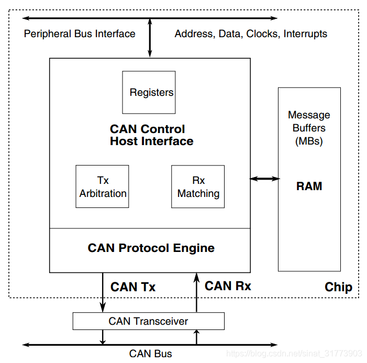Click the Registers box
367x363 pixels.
(149, 92)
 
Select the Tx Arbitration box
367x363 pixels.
(102, 186)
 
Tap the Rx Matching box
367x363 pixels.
(198, 186)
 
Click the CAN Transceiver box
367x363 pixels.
(149, 321)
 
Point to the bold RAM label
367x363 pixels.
(309, 186)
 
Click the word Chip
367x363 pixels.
(338, 287)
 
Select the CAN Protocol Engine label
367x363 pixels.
(151, 248)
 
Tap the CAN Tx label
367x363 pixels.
(133, 287)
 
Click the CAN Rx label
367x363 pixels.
(228, 286)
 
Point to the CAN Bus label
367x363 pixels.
(150, 354)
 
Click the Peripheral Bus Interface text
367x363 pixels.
(80, 34)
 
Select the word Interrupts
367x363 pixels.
(305, 34)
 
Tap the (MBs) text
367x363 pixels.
(309, 141)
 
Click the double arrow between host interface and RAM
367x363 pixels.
(264, 179)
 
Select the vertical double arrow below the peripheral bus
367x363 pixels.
(150, 38)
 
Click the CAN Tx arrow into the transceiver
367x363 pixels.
(103, 292)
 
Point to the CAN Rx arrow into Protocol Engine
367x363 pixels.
(197, 292)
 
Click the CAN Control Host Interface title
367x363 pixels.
(152, 135)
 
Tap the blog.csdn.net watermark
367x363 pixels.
(294, 354)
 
